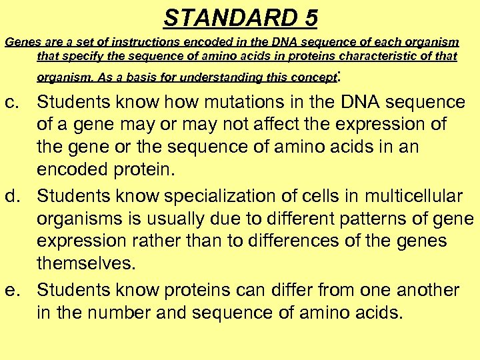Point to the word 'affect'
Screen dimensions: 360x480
[272, 124]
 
